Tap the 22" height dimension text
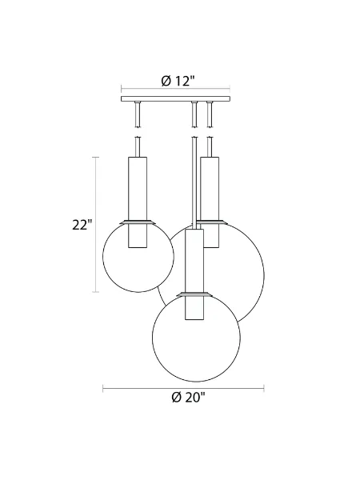pyautogui.click(x=82, y=225)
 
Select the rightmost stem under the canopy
pyautogui.click(x=210, y=116)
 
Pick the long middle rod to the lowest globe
pyautogui.click(x=193, y=176)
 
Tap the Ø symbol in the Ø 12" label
pyautogui.click(x=165, y=80)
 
